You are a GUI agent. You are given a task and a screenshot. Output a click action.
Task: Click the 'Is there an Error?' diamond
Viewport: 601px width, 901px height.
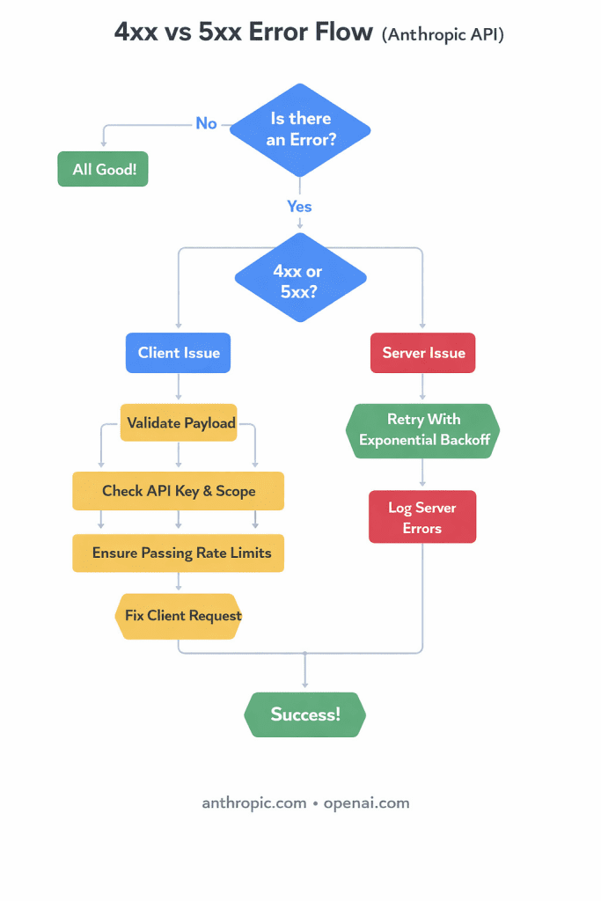pyautogui.click(x=300, y=129)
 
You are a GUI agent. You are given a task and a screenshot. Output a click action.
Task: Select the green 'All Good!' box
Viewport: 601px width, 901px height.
pyautogui.click(x=103, y=169)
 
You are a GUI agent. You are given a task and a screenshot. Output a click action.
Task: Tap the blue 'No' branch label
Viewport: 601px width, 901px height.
pyautogui.click(x=206, y=123)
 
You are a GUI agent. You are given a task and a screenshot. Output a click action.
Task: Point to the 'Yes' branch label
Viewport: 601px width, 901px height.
pyautogui.click(x=299, y=206)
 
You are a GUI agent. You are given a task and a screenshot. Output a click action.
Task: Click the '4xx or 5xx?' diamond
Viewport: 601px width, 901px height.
pyautogui.click(x=300, y=278)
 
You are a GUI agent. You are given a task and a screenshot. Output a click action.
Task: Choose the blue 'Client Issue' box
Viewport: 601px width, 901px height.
pyautogui.click(x=179, y=353)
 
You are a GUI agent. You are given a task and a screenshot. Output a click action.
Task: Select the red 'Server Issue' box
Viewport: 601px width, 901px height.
pyautogui.click(x=423, y=353)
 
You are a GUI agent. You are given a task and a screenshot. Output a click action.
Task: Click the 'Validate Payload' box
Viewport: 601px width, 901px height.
pyautogui.click(x=180, y=423)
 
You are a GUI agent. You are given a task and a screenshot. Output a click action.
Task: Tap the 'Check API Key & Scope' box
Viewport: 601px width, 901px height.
pyautogui.click(x=179, y=491)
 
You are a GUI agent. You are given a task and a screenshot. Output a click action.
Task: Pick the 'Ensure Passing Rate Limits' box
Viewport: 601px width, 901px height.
pyautogui.click(x=179, y=553)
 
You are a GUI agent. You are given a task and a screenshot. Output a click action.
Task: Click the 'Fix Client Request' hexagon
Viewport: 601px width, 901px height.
pyautogui.click(x=179, y=615)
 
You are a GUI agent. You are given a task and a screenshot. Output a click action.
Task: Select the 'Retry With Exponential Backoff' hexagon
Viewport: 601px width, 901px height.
pyautogui.click(x=423, y=430)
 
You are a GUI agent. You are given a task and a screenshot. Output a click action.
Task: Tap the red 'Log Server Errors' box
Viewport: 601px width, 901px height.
pyautogui.click(x=422, y=517)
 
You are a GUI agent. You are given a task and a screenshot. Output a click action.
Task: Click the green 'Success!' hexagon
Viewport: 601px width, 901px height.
pyautogui.click(x=304, y=714)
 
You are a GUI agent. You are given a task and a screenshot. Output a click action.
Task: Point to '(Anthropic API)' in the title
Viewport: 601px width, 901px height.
pyautogui.click(x=443, y=34)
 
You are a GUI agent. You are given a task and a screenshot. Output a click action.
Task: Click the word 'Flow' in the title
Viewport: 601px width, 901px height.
pyautogui.click(x=338, y=33)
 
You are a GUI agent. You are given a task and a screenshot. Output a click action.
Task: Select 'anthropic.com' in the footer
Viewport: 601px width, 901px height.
pyautogui.click(x=254, y=802)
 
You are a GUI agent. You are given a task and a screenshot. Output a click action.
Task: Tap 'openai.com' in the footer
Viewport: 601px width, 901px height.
pyautogui.click(x=366, y=802)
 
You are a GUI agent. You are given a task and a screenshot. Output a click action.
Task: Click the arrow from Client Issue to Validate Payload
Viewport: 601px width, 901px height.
pyautogui.click(x=179, y=388)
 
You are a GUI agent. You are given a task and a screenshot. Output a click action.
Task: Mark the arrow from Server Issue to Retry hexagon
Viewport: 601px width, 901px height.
pyautogui.click(x=423, y=387)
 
